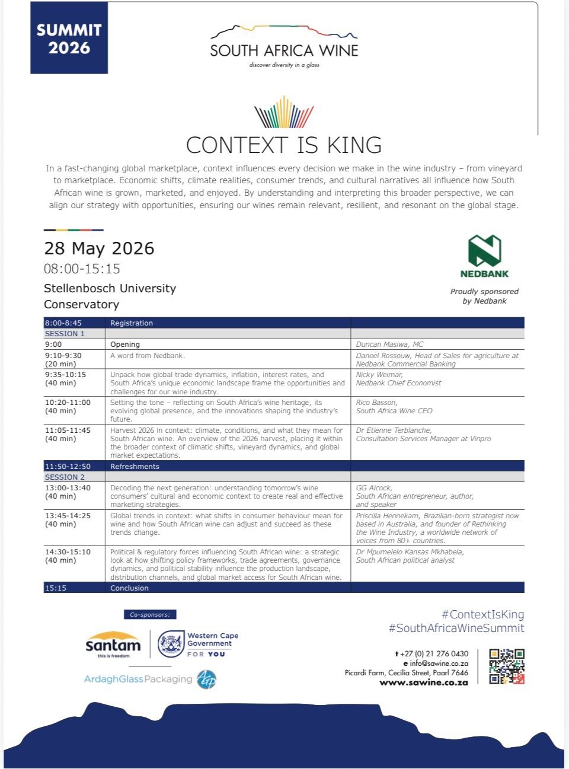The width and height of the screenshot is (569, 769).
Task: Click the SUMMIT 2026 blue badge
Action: click(x=69, y=39)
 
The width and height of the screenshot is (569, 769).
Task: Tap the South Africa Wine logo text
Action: click(x=284, y=50)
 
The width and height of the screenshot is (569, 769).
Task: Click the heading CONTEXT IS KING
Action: click(x=284, y=145)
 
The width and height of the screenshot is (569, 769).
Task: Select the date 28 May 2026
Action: click(x=99, y=248)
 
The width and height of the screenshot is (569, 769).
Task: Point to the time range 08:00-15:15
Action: click(x=82, y=269)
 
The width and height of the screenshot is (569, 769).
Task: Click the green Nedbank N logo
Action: click(x=484, y=251)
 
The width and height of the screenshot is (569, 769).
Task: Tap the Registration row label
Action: click(x=132, y=323)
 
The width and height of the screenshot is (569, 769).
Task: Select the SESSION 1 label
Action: click(x=65, y=334)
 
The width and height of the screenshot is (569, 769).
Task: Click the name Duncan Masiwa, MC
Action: click(x=389, y=344)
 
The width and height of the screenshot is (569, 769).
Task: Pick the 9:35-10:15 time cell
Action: click(x=65, y=375)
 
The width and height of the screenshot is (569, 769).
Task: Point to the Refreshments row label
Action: click(x=135, y=467)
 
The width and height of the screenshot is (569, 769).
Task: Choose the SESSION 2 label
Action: click(x=65, y=477)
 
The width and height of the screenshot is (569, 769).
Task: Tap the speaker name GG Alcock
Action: click(x=374, y=488)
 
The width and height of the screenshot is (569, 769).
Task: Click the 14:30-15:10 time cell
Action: click(x=68, y=552)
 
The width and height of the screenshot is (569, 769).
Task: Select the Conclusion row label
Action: click(x=129, y=588)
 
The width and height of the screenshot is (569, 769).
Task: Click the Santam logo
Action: click(x=113, y=644)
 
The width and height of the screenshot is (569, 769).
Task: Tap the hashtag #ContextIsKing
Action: click(x=482, y=615)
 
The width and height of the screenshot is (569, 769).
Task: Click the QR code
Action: click(x=507, y=666)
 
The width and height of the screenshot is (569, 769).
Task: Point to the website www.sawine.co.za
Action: click(x=424, y=682)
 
